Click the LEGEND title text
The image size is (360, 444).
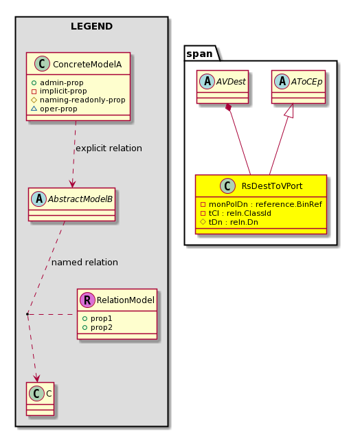click(91, 26)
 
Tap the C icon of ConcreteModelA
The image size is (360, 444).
click(42, 64)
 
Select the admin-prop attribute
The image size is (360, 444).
click(57, 82)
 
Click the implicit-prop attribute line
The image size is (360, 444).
click(59, 91)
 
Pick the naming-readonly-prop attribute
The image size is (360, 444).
click(78, 100)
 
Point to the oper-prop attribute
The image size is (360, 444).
click(54, 109)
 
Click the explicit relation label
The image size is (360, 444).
click(109, 148)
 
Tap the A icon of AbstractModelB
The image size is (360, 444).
click(38, 199)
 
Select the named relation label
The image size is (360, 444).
click(85, 263)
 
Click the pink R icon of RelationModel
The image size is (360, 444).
click(87, 300)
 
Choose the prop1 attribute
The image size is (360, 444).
click(97, 318)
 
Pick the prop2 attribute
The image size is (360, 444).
click(97, 327)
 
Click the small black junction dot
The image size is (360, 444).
click(27, 314)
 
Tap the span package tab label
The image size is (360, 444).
click(199, 54)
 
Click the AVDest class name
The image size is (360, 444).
click(231, 82)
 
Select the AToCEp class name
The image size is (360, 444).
click(307, 82)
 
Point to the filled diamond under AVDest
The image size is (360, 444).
click(229, 108)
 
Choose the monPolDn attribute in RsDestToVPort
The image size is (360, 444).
click(261, 204)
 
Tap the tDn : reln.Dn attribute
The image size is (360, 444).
click(229, 222)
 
